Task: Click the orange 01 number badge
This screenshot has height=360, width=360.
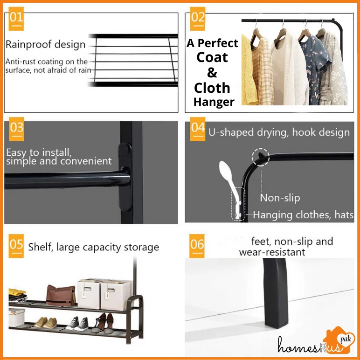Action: point(16,19)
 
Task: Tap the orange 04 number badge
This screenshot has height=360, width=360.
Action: point(198,129)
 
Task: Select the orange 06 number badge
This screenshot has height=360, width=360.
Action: point(197,246)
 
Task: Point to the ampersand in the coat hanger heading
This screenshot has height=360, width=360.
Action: point(212,73)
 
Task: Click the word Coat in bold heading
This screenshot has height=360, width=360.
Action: point(212,57)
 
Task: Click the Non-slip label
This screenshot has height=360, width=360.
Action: point(280,198)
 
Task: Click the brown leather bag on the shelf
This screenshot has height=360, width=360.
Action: point(61,295)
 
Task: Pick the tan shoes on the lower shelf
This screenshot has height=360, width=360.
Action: point(45,323)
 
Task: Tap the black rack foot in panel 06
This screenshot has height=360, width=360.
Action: point(275,293)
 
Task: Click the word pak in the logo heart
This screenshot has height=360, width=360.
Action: point(345,339)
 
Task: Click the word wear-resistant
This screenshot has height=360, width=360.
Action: point(272,252)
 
